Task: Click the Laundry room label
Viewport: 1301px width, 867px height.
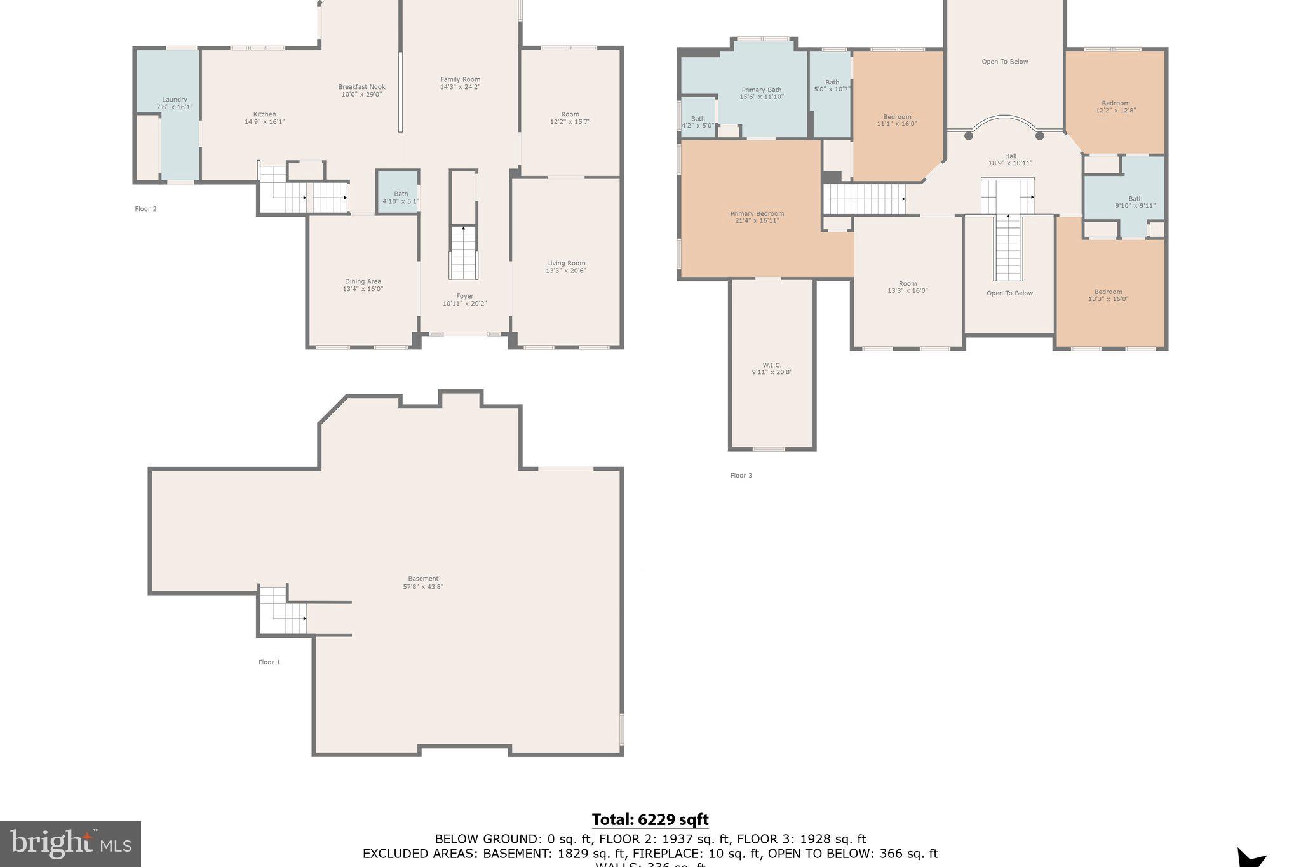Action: pyautogui.click(x=174, y=100)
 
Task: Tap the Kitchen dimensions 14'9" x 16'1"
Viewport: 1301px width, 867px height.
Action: pyautogui.click(x=265, y=122)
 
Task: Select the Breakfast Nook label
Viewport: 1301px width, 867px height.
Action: pyautogui.click(x=361, y=87)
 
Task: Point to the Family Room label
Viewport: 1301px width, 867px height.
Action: pyautogui.click(x=460, y=79)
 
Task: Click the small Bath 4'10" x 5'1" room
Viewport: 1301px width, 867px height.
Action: pyautogui.click(x=400, y=194)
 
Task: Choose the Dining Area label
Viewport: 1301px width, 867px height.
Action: pyautogui.click(x=363, y=281)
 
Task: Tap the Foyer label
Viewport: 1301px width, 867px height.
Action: pyautogui.click(x=464, y=296)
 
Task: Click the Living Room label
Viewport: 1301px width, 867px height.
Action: pyautogui.click(x=565, y=263)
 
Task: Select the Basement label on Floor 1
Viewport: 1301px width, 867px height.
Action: pyautogui.click(x=423, y=579)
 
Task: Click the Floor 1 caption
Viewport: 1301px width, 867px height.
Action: pyautogui.click(x=269, y=662)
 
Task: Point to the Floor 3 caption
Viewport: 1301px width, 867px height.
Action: pyautogui.click(x=741, y=475)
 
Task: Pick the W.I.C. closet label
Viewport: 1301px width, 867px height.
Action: pyautogui.click(x=772, y=365)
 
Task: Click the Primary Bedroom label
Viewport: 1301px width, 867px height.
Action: pyautogui.click(x=757, y=214)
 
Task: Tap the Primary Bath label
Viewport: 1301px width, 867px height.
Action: pyautogui.click(x=761, y=90)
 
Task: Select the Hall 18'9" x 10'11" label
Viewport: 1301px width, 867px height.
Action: pyautogui.click(x=1010, y=159)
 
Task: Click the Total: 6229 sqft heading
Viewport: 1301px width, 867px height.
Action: pyautogui.click(x=650, y=819)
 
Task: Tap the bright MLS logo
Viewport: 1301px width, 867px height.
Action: pyautogui.click(x=71, y=843)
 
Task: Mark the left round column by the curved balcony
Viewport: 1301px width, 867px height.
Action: pyautogui.click(x=968, y=136)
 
